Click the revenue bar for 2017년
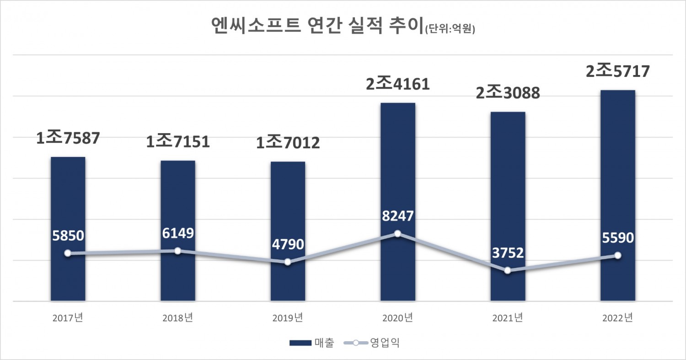(68, 206)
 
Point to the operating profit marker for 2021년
(508, 271)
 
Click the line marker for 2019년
(288, 262)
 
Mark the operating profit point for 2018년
(178, 251)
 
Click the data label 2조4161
(397, 85)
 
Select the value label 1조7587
(68, 139)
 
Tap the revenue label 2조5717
(617, 72)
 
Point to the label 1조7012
(288, 143)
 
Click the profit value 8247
(397, 216)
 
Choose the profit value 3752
(508, 253)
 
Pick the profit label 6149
(178, 233)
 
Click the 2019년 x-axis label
(288, 317)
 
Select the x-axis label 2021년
(508, 317)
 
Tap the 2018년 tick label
(178, 317)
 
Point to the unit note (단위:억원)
(450, 30)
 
